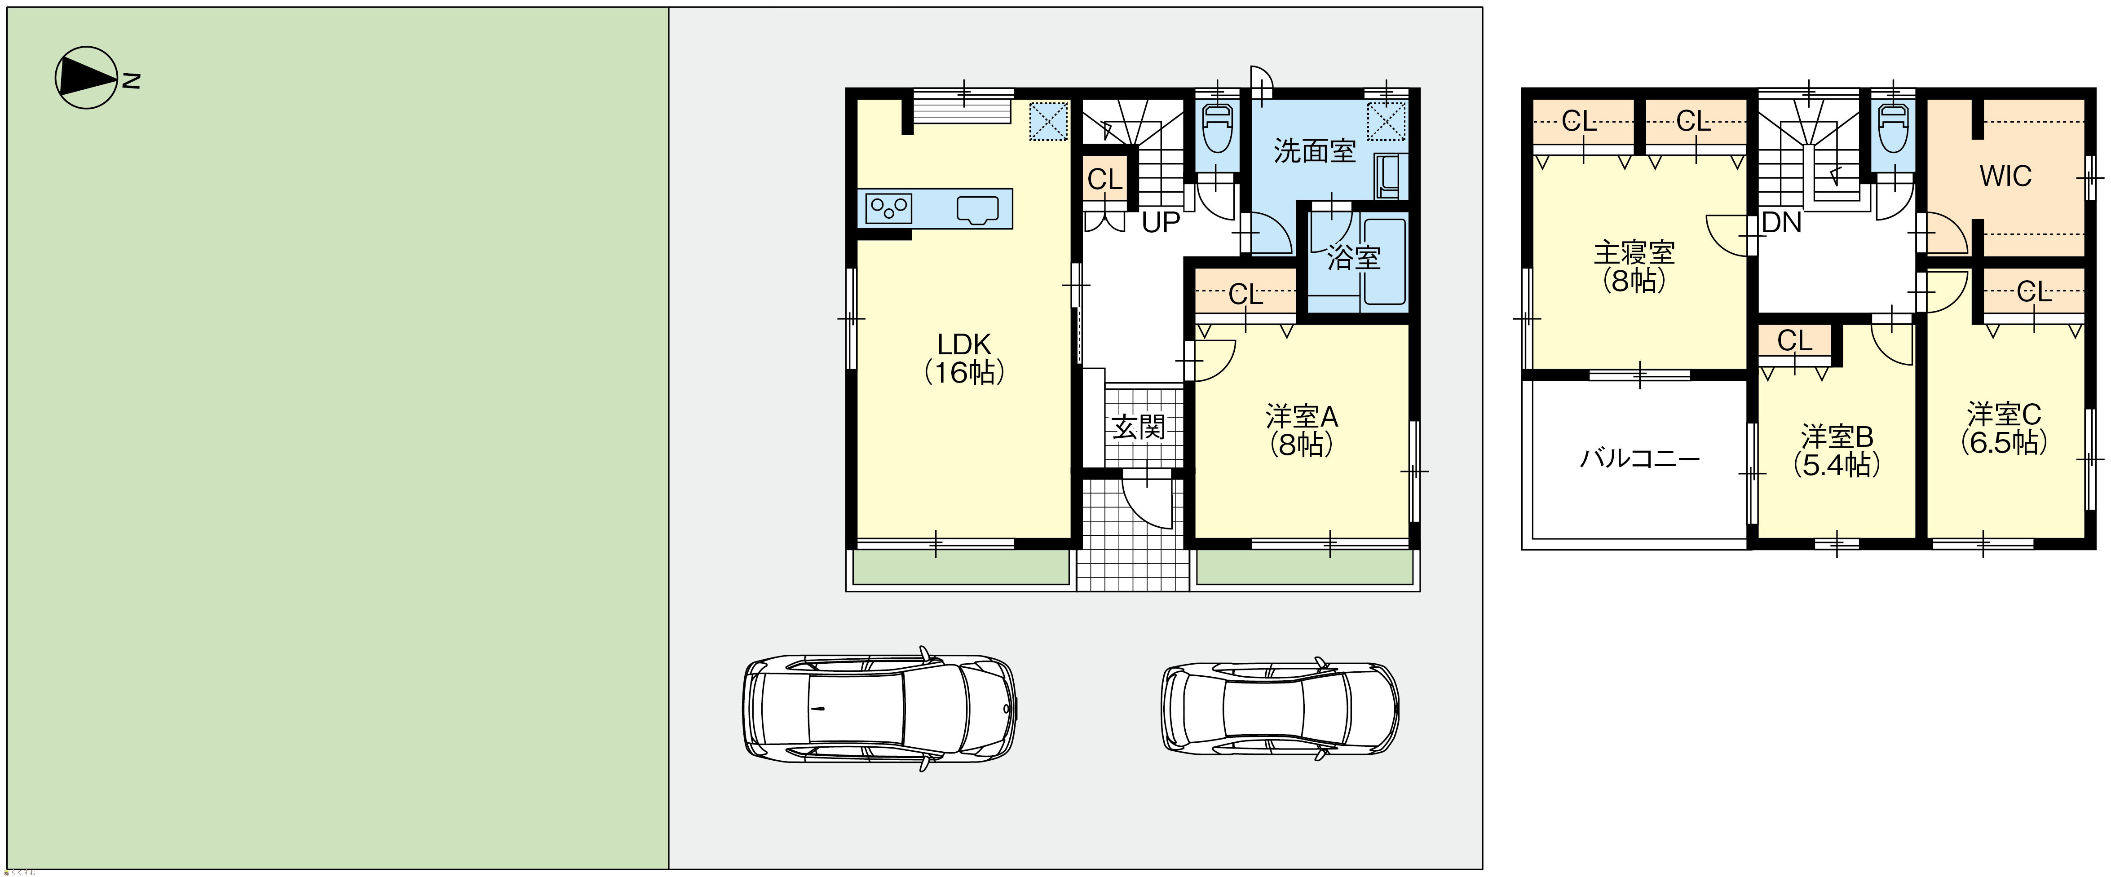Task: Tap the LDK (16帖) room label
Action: (x=964, y=358)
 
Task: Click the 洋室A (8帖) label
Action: (x=1301, y=430)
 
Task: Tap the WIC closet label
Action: (x=2005, y=176)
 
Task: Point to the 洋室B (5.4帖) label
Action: (x=1837, y=450)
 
